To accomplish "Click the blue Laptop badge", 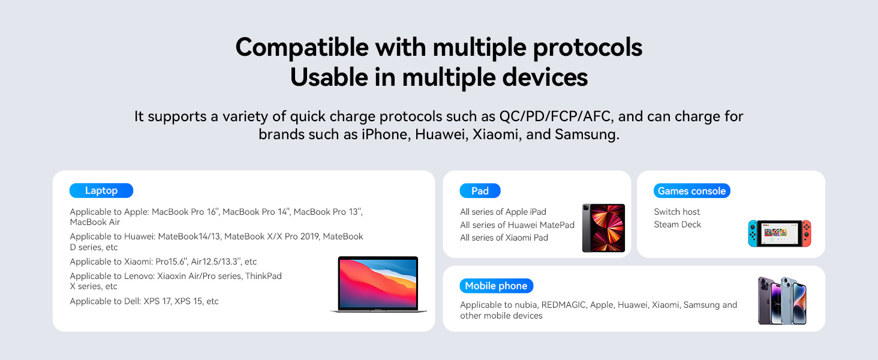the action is (x=101, y=191).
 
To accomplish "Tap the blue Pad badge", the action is (x=480, y=191).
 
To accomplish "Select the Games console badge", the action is (x=692, y=191).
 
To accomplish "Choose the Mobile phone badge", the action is (x=496, y=286).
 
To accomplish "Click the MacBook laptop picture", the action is (x=378, y=284).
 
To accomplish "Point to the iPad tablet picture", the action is (x=603, y=228).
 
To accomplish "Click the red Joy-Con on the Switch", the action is (x=806, y=233).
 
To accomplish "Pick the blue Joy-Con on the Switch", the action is (x=753, y=233).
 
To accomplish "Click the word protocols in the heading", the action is (x=587, y=48).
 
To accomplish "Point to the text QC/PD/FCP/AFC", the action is (x=555, y=116).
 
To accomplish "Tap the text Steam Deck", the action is (x=677, y=224).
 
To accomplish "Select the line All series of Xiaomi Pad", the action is (x=504, y=238).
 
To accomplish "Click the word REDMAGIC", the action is (x=564, y=305).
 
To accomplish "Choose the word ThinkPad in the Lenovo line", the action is (x=263, y=276).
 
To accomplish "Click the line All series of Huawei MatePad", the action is (x=517, y=225).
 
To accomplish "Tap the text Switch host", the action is (x=676, y=212).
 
